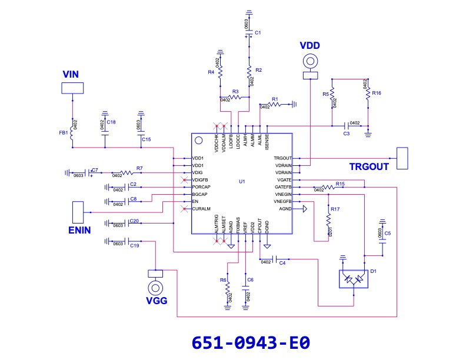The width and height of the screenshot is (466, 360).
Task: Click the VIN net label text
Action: pos(71,74)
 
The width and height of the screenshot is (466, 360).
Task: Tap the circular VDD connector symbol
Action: pos(309,61)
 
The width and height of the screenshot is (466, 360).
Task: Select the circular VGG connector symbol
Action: pos(156,288)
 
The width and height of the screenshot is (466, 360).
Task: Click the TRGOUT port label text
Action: pos(369,166)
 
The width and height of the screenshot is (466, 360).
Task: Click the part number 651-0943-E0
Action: pos(251,343)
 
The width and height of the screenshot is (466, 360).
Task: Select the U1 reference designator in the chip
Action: pos(242,181)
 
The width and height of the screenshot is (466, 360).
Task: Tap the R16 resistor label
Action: pos(377,94)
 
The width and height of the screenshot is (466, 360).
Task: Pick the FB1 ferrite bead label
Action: pos(63,134)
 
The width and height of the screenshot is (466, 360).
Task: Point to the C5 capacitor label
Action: pos(387,234)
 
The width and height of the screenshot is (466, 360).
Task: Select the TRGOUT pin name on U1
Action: pos(283,158)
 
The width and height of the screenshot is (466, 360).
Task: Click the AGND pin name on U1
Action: pos(285,209)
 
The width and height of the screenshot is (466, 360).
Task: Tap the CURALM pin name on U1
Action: pos(201,209)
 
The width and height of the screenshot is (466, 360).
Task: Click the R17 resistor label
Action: pos(335,209)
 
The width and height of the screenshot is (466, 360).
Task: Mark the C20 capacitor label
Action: pos(134,221)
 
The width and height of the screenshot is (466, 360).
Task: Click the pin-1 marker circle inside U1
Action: pos(199,141)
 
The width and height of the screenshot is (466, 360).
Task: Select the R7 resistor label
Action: pos(139,169)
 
